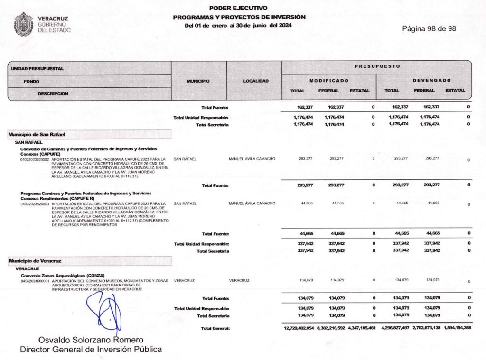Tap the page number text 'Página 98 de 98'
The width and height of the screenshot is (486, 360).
point(429,28)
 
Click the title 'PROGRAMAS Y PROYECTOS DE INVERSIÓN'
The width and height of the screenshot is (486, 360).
point(239,17)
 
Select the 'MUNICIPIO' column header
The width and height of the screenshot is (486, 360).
point(198,81)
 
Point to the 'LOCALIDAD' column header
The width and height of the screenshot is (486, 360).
point(256,81)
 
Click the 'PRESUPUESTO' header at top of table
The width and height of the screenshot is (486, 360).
point(377,66)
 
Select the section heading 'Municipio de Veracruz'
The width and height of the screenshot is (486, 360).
point(35,261)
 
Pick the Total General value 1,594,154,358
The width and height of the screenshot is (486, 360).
point(458,328)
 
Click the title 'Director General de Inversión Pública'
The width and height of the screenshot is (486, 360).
point(91,350)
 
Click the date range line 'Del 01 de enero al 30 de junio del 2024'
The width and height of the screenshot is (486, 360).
point(238,25)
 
